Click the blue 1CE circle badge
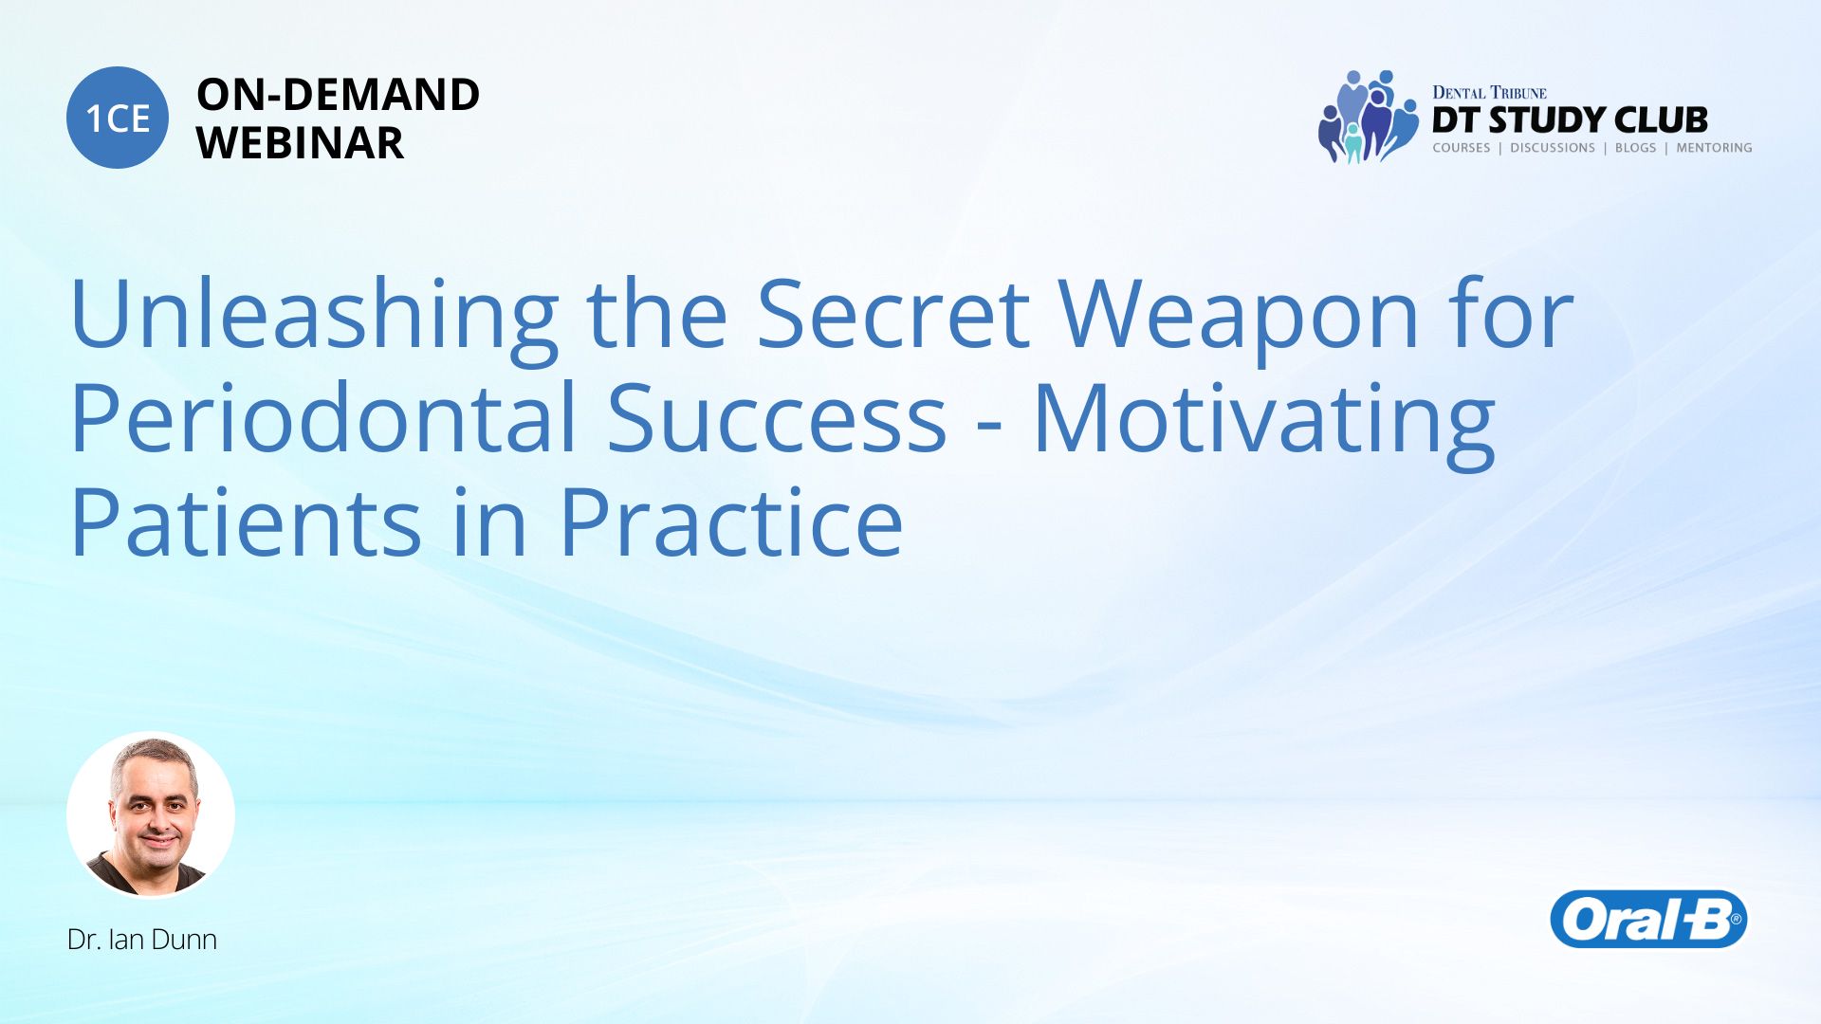118,118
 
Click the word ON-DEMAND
338,95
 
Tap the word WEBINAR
300,143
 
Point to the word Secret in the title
893,314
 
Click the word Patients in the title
246,522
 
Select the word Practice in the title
731,522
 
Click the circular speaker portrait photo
151,814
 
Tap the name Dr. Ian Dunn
142,940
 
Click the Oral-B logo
1648,919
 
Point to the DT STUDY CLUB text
1570,120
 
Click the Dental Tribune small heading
1489,92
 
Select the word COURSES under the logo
1462,148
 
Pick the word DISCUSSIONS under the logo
1553,148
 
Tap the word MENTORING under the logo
1714,148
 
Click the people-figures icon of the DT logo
1367,117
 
